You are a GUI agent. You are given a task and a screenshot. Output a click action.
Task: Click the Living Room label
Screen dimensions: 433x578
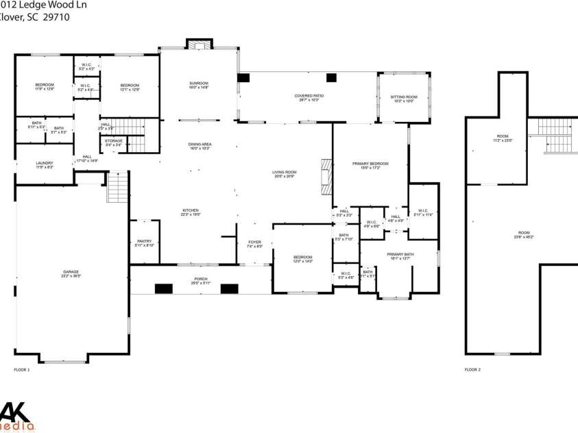[x=285, y=174]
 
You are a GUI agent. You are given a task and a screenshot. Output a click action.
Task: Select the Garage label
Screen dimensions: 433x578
[x=71, y=273]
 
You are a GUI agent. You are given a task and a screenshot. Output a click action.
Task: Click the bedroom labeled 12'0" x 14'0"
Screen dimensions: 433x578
[x=302, y=259]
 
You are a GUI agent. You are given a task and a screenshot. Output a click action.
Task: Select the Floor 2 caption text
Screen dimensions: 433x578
[x=472, y=369]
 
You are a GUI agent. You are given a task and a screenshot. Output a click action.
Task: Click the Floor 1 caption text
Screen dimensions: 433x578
[x=22, y=369]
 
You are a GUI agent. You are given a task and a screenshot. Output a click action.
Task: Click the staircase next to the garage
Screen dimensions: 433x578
[x=118, y=187]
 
